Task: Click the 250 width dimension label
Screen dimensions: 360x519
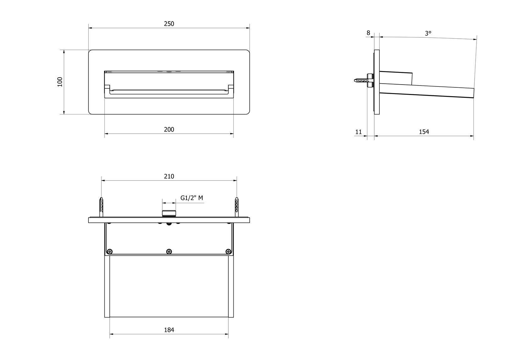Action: [x=169, y=24]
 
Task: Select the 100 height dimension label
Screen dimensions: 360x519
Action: [x=60, y=82]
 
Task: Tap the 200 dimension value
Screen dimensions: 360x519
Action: [x=169, y=130]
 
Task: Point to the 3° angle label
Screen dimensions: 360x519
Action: [x=428, y=33]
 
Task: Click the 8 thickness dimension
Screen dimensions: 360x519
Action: [x=368, y=33]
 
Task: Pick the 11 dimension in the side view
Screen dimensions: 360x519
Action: [x=359, y=132]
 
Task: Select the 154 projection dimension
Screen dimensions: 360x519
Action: [x=424, y=132]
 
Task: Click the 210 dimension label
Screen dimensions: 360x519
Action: [x=169, y=176]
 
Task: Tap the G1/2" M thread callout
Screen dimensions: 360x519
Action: [x=192, y=198]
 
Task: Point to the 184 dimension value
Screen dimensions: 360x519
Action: [x=169, y=330]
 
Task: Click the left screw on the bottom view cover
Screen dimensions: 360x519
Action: [x=110, y=251]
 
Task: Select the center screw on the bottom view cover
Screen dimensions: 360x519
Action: [x=169, y=251]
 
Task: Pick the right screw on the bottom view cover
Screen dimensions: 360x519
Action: [x=228, y=251]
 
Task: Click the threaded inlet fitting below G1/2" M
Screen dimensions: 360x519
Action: [x=169, y=213]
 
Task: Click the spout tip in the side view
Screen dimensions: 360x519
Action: [x=473, y=93]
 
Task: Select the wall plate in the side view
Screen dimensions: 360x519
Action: [x=377, y=82]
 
